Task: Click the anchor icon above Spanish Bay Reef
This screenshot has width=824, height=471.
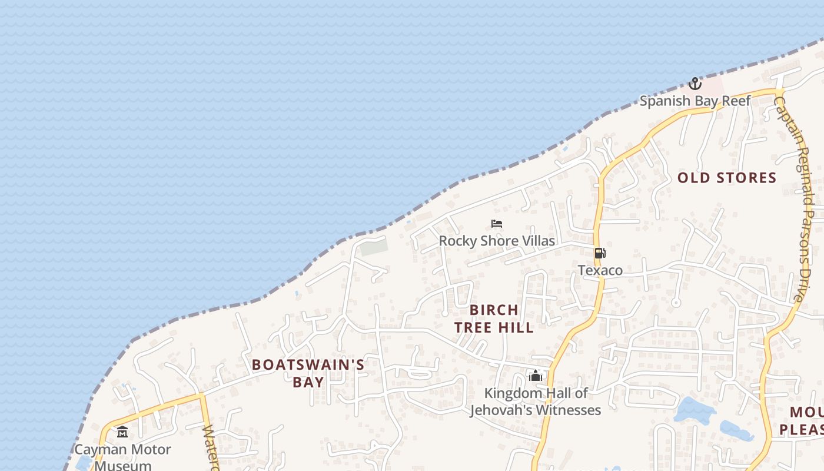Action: point(695,84)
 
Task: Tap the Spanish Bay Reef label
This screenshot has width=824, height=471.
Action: point(695,101)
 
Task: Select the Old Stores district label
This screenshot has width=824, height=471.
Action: point(727,178)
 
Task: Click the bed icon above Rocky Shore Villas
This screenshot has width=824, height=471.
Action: point(497,224)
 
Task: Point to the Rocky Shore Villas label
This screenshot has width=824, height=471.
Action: point(497,241)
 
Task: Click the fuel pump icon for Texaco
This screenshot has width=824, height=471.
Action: point(600,254)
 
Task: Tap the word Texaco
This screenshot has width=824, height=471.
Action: point(600,270)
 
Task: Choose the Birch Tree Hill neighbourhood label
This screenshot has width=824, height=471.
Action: point(494,319)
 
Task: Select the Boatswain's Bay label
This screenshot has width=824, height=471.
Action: point(308,373)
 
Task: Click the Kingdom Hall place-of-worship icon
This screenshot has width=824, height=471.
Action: point(535,376)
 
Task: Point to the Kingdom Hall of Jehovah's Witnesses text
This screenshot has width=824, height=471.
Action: point(535,402)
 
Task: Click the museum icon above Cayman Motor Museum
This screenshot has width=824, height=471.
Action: point(122,433)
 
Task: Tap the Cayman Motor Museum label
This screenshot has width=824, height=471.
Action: point(122,457)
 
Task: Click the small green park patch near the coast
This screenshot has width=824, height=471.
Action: point(374,247)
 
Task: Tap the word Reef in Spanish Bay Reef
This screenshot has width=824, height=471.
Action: point(736,101)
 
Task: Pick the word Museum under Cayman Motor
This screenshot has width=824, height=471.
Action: point(122,466)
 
